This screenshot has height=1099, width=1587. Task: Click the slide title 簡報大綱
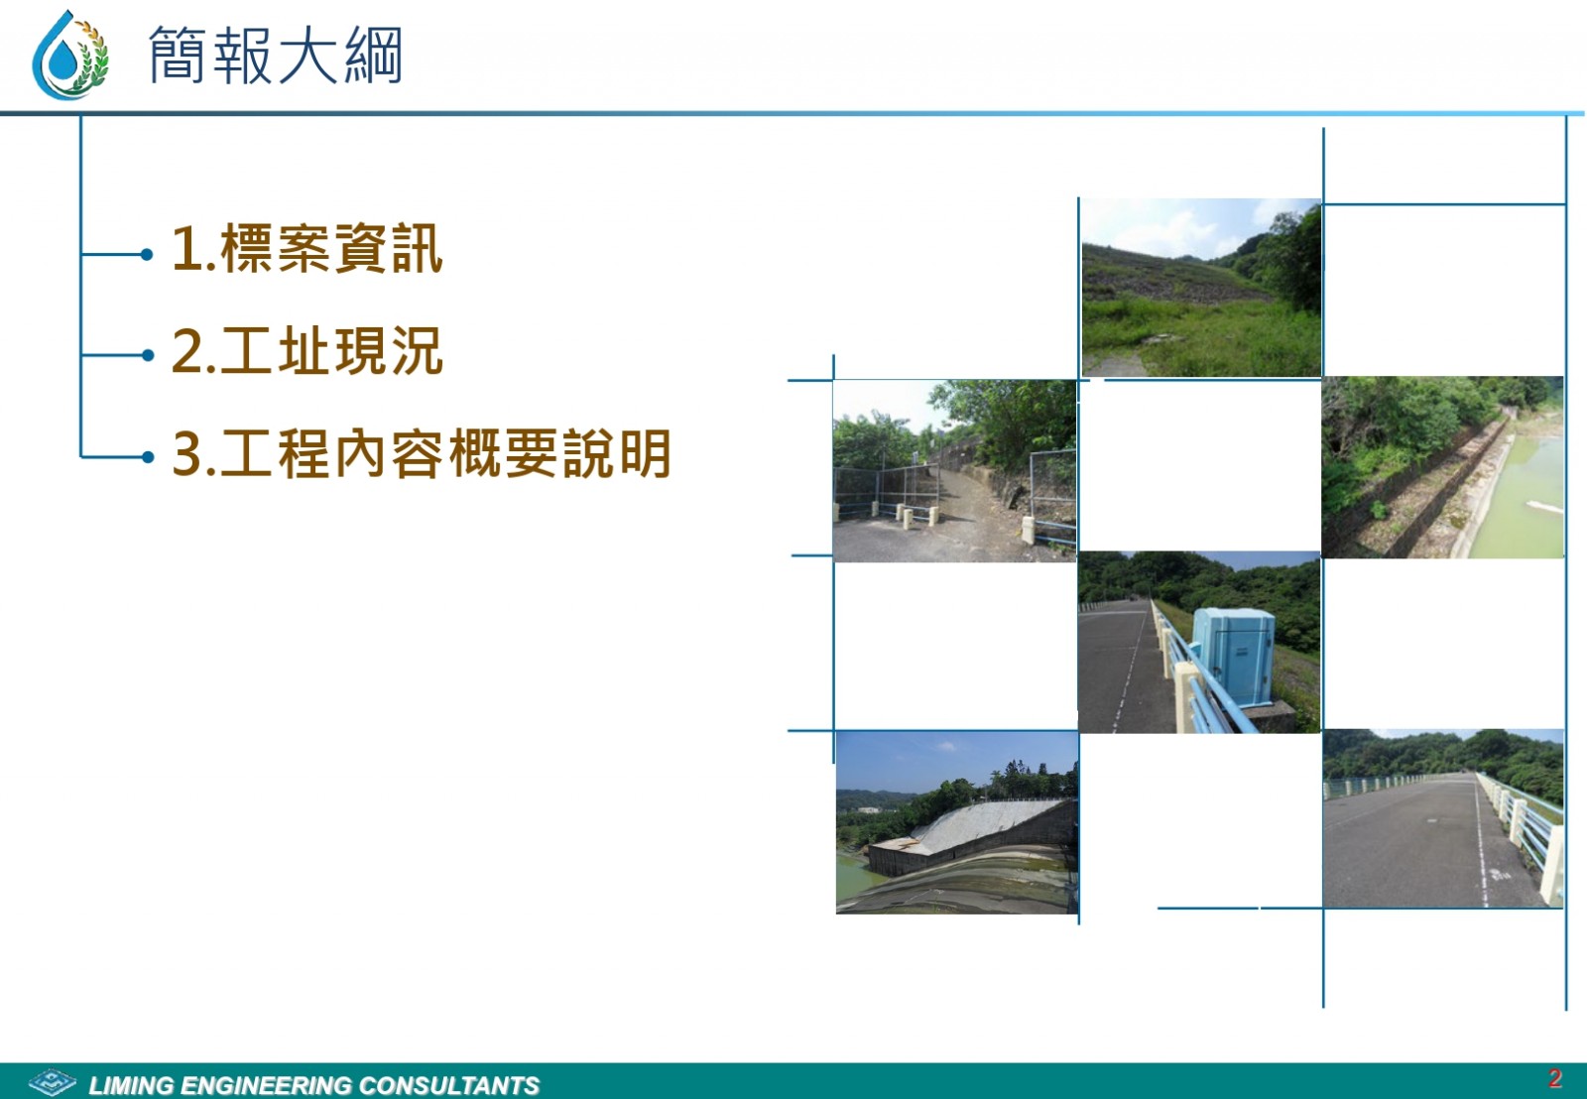click(x=276, y=56)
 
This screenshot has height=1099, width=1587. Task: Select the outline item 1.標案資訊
click(x=307, y=248)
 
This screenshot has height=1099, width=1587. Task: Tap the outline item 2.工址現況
click(x=307, y=351)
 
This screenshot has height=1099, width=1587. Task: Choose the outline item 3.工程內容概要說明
click(x=422, y=453)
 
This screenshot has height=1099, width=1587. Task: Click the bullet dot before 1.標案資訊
click(x=148, y=254)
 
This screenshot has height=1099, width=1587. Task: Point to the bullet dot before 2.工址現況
click(x=148, y=355)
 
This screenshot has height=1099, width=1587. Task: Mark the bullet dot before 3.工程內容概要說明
click(x=148, y=457)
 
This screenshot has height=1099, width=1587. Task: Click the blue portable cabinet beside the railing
click(x=1234, y=657)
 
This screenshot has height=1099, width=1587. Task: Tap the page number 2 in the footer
click(x=1555, y=1078)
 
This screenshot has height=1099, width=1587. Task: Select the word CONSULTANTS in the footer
click(x=449, y=1085)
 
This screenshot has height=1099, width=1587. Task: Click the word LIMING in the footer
click(x=131, y=1085)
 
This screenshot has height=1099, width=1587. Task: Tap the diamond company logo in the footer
click(x=53, y=1082)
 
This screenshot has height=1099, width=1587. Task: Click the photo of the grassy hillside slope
click(x=1201, y=288)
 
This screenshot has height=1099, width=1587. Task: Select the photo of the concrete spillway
click(x=957, y=822)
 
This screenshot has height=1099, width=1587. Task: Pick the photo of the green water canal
click(x=1442, y=467)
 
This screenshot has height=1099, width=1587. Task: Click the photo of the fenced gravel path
click(x=954, y=471)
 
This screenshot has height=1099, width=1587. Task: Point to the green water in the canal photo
click(x=1524, y=496)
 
